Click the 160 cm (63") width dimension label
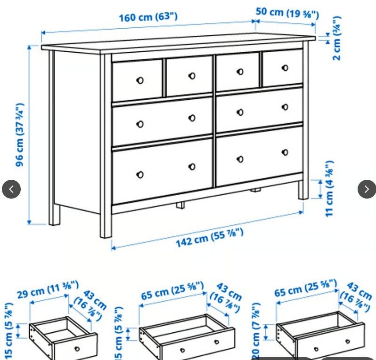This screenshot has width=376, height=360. point(148,17)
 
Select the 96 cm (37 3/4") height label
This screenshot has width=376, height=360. point(20,135)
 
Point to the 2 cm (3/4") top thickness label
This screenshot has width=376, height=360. point(337,38)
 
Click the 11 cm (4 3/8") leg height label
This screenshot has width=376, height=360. point(329,189)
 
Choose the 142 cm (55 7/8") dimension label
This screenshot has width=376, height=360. point(210,238)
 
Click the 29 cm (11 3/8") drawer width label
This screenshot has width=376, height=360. point(48,289)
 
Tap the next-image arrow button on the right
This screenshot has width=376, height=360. point(367,189)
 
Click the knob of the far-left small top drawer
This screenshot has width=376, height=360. point(140,80)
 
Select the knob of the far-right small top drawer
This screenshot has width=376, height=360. point(285,68)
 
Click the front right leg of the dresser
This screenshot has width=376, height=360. point(303,190)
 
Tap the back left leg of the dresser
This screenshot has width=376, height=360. point(54,215)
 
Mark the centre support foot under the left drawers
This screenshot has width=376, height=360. point(180,205)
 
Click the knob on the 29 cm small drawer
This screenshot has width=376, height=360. point(77,349)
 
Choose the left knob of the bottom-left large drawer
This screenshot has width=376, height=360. point(140,175)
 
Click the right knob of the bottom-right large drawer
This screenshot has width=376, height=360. point(285,152)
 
